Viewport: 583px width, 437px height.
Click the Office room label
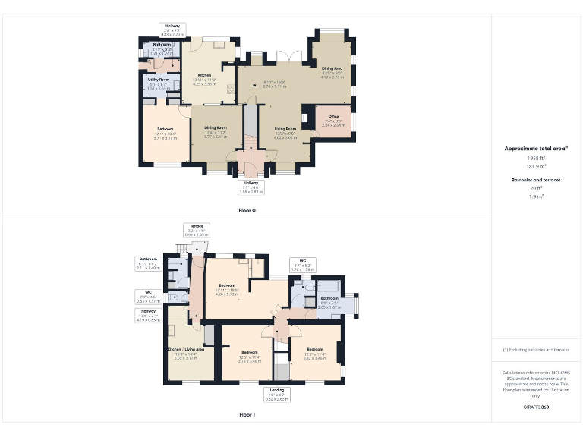click(333, 116)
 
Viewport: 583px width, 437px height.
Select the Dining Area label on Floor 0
click(332, 68)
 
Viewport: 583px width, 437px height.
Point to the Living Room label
click(285, 129)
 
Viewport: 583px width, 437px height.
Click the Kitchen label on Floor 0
click(204, 75)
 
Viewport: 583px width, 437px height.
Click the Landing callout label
click(277, 391)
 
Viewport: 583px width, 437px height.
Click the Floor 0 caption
click(247, 209)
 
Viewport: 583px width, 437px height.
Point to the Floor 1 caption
click(247, 415)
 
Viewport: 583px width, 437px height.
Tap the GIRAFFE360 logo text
click(537, 407)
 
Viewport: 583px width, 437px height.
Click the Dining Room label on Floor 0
click(216, 128)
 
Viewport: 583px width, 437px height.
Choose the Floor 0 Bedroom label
click(165, 129)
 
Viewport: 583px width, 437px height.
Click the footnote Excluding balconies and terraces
click(537, 350)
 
